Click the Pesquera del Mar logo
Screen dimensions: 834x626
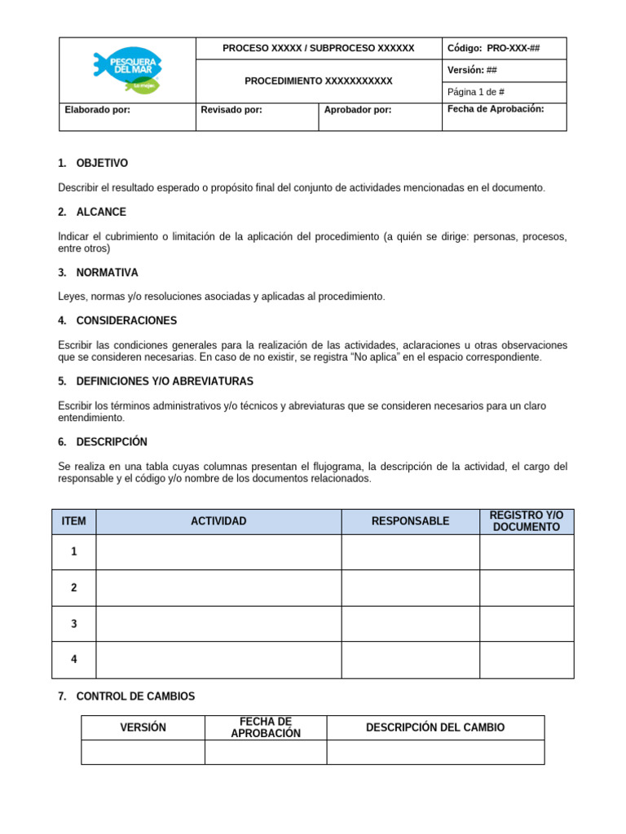(127, 70)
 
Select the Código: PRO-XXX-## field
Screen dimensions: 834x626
(493, 48)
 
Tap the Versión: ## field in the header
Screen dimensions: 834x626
(472, 70)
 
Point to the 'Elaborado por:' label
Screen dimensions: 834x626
(97, 110)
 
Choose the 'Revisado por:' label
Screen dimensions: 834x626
(231, 110)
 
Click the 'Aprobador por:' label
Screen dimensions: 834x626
(357, 110)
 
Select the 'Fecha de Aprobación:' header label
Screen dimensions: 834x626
(496, 109)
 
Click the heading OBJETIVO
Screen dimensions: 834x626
(102, 163)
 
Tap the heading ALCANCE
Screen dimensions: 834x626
(101, 212)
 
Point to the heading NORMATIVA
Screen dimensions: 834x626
(107, 272)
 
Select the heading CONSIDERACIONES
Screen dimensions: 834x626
(126, 321)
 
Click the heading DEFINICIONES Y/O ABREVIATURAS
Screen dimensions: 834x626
(165, 381)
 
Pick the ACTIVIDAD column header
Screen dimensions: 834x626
(218, 521)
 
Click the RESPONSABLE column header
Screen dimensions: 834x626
(410, 521)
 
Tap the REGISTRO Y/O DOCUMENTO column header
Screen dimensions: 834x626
(527, 521)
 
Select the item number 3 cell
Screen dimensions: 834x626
(74, 624)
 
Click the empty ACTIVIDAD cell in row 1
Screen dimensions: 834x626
(218, 552)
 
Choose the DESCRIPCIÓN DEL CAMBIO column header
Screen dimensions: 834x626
(435, 727)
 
